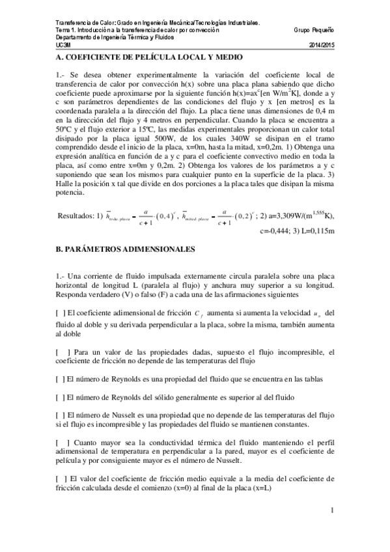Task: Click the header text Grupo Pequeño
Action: point(314,30)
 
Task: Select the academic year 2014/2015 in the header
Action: point(321,45)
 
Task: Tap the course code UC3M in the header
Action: point(63,45)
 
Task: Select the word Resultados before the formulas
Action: point(77,215)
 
